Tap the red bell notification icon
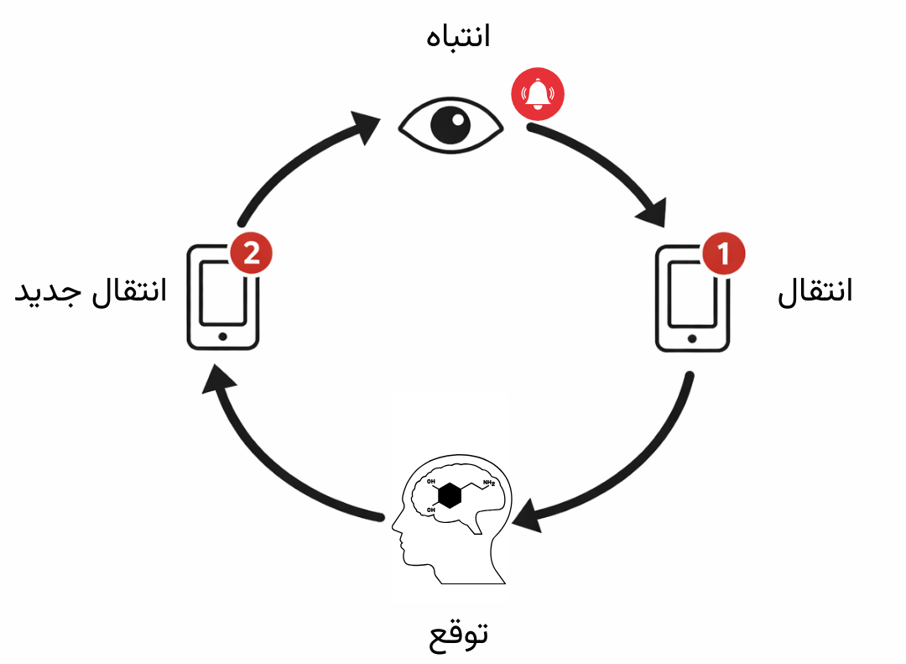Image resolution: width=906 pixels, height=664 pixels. tap(538, 91)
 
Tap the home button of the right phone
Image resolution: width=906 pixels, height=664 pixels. tap(691, 338)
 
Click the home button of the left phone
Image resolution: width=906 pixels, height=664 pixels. tap(222, 337)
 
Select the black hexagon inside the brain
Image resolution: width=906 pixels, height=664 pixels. tap(450, 495)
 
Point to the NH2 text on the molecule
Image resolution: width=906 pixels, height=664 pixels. tap(488, 484)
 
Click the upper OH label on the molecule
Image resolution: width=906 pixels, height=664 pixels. tap(431, 482)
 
